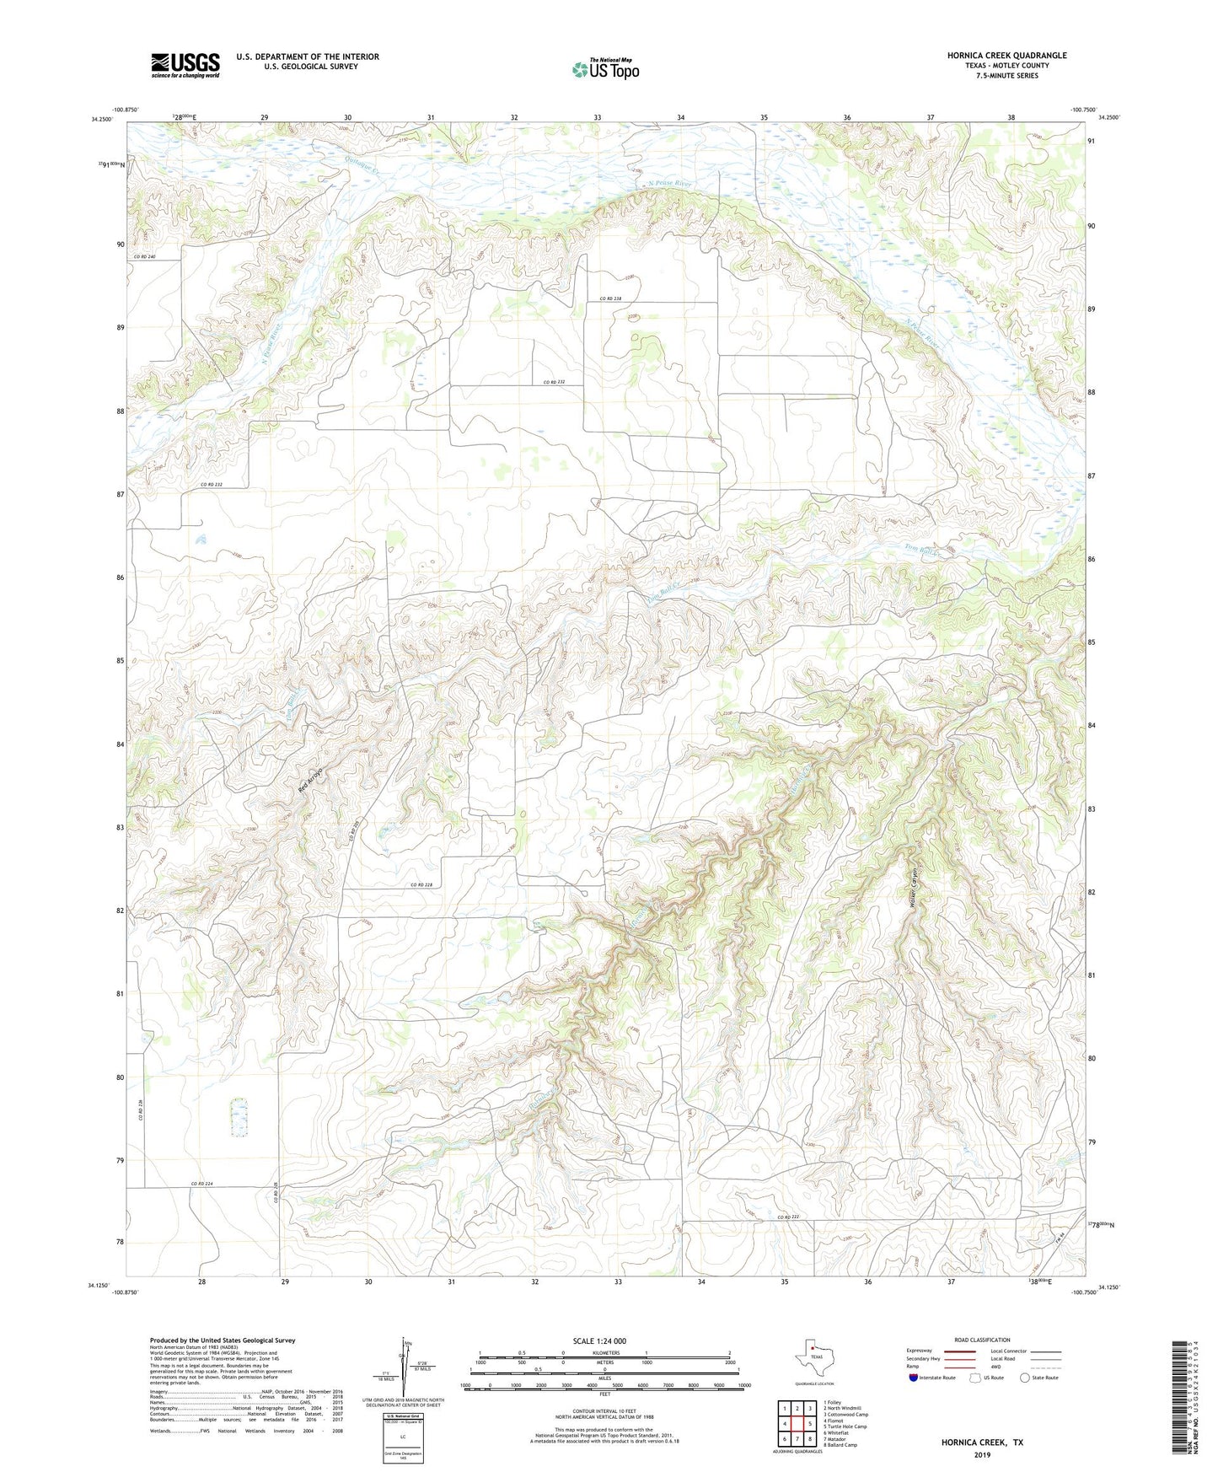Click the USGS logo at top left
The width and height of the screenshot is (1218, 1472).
click(x=185, y=65)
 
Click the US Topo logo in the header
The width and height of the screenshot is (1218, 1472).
click(x=605, y=69)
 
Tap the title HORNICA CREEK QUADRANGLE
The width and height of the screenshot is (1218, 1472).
click(x=1006, y=56)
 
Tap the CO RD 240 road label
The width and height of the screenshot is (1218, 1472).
click(x=144, y=256)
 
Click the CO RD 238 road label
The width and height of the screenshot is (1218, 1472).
click(x=611, y=298)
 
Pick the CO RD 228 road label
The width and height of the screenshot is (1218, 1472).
click(x=421, y=884)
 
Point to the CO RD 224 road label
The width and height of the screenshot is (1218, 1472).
click(x=201, y=1184)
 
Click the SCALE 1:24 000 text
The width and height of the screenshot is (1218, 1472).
click(x=599, y=1340)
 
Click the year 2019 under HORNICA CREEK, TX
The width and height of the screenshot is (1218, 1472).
click(x=982, y=1454)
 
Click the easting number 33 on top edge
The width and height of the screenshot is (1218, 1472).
click(x=597, y=117)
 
